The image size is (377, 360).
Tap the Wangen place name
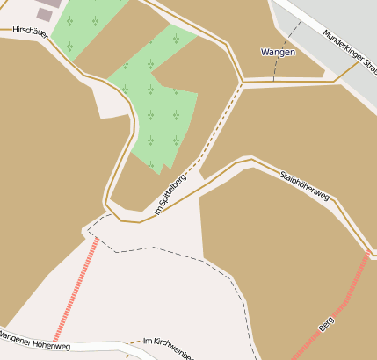coord(278,53)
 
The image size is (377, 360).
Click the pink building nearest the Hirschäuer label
coord(44,14)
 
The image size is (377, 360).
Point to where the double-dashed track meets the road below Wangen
coord(241,83)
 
